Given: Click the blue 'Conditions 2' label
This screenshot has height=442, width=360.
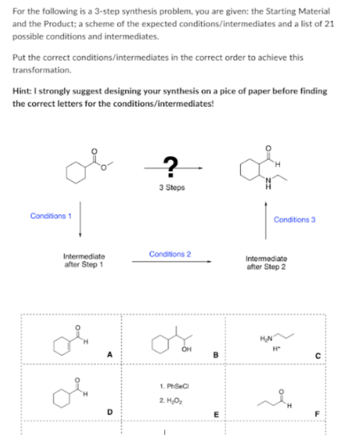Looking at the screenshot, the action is [170, 254].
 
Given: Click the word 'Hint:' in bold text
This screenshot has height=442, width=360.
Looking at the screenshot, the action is [22, 91].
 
